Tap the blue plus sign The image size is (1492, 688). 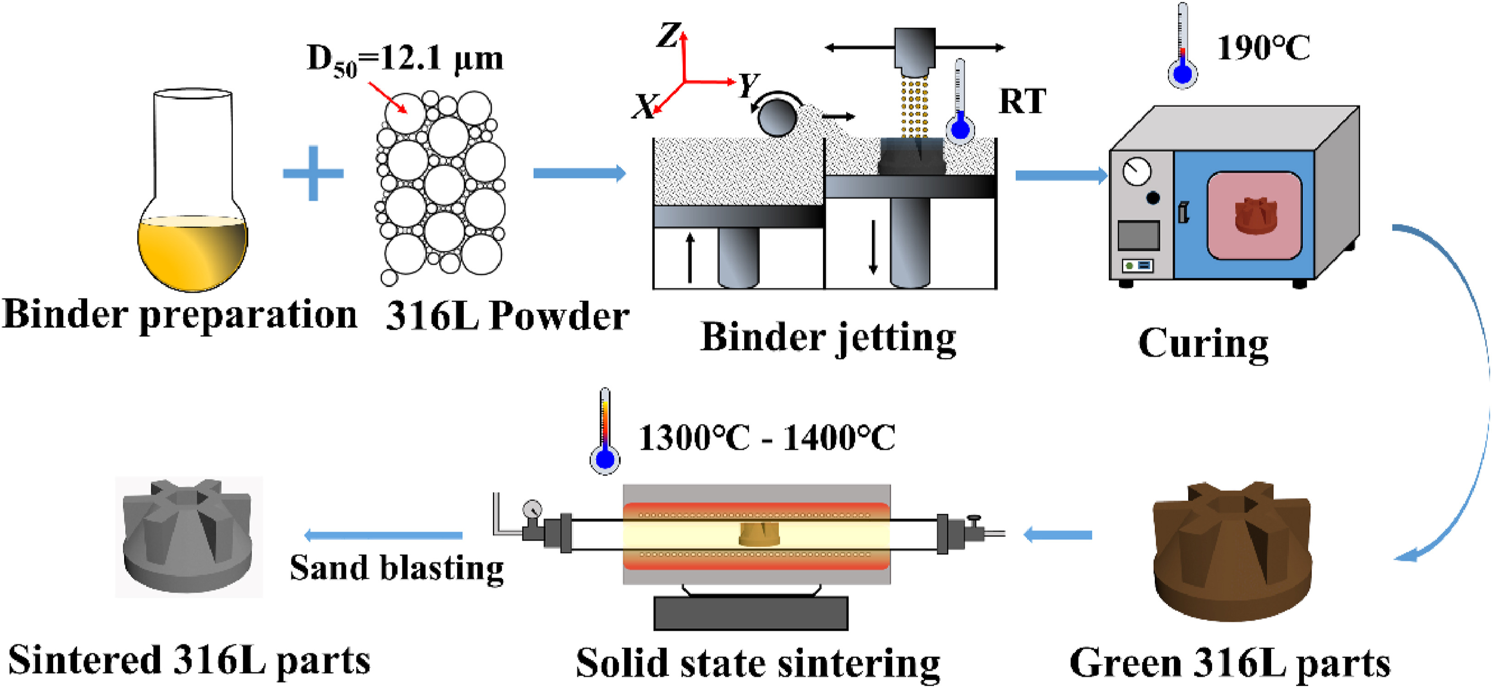[x=313, y=173]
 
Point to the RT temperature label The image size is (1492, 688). [x=1022, y=102]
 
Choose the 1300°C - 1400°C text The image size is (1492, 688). [x=766, y=438]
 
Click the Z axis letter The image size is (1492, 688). [x=668, y=36]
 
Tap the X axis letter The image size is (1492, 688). [x=643, y=107]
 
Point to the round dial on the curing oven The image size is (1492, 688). [x=1136, y=172]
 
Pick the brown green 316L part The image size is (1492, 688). [x=1232, y=551]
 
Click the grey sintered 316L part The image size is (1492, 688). [x=188, y=536]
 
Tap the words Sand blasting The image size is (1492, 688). [x=396, y=568]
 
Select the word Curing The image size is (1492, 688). [x=1203, y=344]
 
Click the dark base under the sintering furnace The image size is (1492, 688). [x=751, y=613]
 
